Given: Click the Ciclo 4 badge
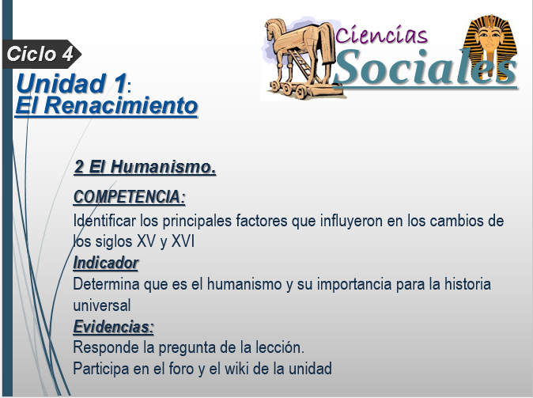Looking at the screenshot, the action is click(x=41, y=54).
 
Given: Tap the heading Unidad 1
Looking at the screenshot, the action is click(x=71, y=83).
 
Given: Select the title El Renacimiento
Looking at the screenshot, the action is click(x=107, y=105).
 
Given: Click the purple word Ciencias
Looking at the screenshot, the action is click(x=381, y=35).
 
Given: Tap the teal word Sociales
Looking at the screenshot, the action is click(x=425, y=67).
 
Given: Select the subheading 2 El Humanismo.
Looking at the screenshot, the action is click(x=145, y=167).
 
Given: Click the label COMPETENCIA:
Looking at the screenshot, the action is click(x=129, y=197).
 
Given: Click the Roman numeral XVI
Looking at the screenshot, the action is click(x=183, y=241).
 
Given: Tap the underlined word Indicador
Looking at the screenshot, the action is click(x=106, y=263).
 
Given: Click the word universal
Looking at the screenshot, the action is click(x=102, y=305).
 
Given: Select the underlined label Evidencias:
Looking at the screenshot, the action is click(x=114, y=327).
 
